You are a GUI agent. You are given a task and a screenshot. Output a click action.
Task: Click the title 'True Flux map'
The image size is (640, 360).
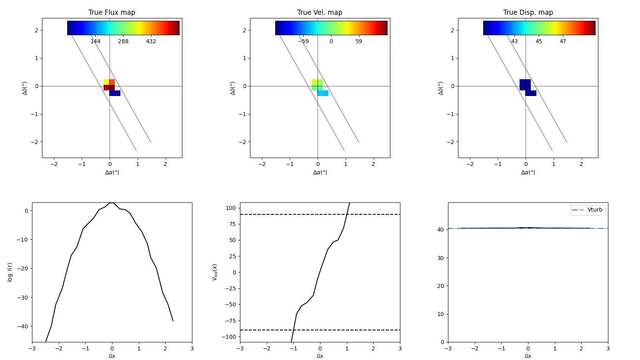(x=112, y=12)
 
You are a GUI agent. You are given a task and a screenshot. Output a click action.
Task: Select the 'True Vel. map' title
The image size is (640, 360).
(x=320, y=12)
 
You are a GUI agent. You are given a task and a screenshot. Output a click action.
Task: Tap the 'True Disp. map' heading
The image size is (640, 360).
(x=528, y=12)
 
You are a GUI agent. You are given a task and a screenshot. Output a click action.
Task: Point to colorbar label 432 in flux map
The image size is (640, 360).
(x=151, y=42)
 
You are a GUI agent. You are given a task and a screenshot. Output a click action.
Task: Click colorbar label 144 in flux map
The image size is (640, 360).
(x=95, y=42)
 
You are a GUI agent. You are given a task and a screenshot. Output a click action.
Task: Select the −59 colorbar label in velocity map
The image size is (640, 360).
(x=303, y=42)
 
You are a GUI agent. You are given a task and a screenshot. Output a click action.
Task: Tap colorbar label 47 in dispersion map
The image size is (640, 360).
(x=563, y=42)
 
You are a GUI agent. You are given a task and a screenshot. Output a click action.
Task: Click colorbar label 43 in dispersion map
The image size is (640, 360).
(x=514, y=42)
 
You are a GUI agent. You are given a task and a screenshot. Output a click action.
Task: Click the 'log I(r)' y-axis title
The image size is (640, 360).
(x=10, y=272)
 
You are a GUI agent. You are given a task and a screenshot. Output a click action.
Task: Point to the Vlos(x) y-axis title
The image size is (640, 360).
(x=215, y=272)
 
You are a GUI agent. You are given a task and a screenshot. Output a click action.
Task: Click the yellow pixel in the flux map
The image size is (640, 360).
(x=106, y=82)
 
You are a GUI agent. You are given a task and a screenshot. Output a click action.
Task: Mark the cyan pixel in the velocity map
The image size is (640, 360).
(x=323, y=93)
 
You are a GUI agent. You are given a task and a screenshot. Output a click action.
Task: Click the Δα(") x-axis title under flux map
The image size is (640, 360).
(x=112, y=172)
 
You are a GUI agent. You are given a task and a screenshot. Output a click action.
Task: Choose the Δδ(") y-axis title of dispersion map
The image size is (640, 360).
(x=440, y=88)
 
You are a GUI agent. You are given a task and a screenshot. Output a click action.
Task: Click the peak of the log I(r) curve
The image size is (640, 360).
(x=112, y=203)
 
